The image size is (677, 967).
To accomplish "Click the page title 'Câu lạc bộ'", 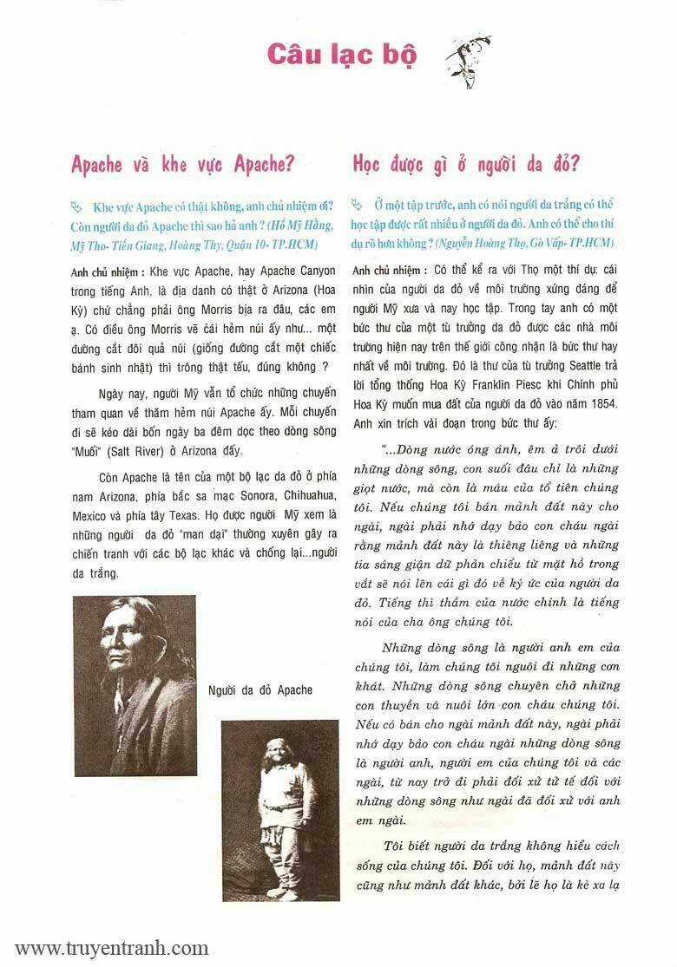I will click(x=342, y=54).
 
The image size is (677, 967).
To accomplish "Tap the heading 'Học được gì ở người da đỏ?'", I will click(x=466, y=164).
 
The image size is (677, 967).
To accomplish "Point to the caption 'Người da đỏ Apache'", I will click(x=261, y=690).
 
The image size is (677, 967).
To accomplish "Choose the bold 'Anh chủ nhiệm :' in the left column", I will click(x=108, y=271).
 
